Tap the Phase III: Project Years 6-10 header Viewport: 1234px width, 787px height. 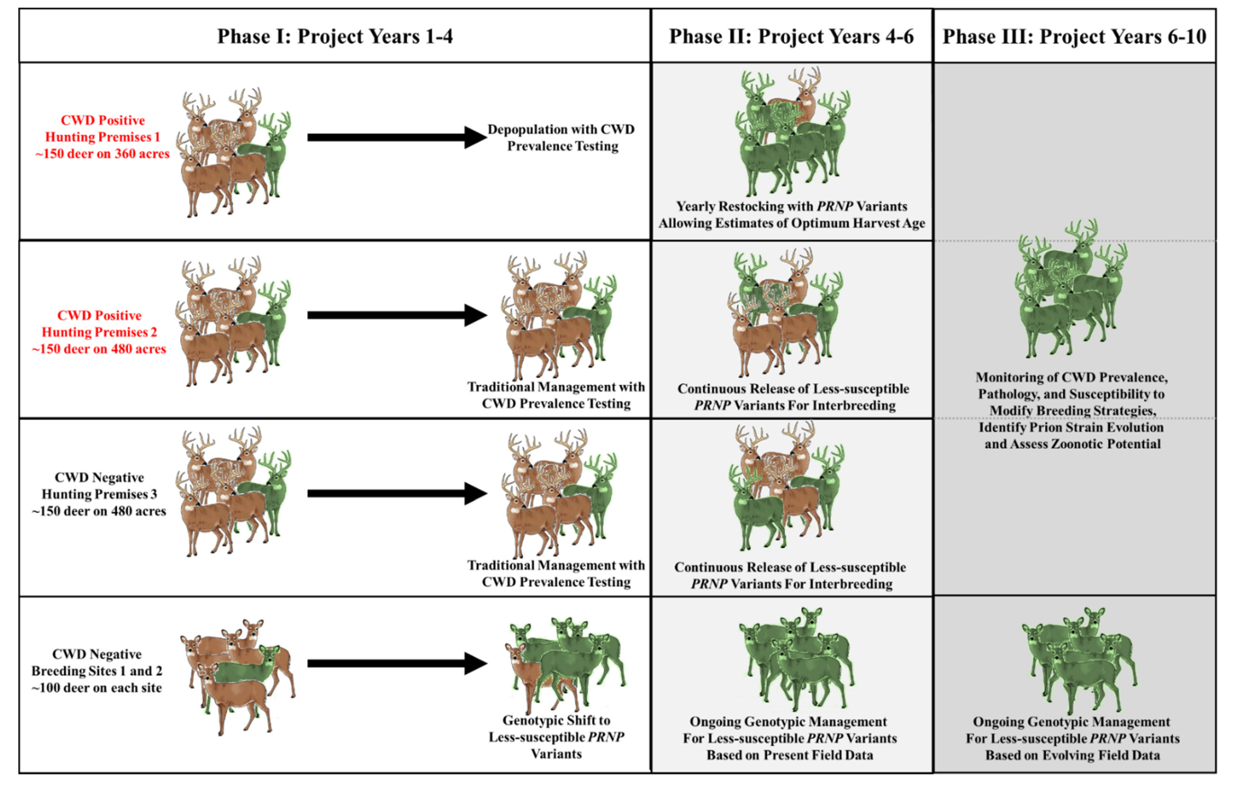[x=1074, y=36]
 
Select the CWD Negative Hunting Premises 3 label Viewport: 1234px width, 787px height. [x=99, y=494]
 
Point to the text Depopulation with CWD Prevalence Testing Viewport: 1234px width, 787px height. [x=561, y=137]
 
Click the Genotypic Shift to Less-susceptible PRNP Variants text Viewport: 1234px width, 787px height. [x=556, y=737]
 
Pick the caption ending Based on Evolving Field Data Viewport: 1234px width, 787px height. [x=1072, y=738]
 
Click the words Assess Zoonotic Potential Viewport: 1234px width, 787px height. [x=1072, y=444]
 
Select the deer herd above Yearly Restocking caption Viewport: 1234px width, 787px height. [x=792, y=133]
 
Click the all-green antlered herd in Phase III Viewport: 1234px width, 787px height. [x=1071, y=290]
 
